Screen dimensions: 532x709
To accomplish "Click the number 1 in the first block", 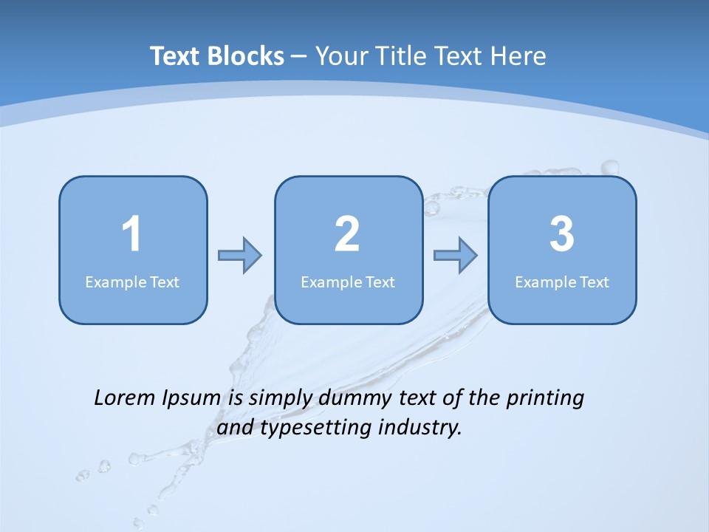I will (132, 234).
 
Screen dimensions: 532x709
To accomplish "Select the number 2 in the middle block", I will (347, 234).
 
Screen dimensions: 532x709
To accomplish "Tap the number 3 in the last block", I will (562, 234).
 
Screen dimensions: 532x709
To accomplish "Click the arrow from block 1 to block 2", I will (240, 256).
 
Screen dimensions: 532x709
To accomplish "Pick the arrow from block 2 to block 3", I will (455, 256).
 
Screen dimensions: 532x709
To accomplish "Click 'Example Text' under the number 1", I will (132, 282).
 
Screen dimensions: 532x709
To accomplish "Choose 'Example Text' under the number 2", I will (348, 282).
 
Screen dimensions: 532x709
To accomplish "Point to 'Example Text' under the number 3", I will (562, 282).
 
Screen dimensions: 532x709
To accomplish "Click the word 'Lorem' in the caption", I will (125, 398).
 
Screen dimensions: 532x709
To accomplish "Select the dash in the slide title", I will (299, 56).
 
